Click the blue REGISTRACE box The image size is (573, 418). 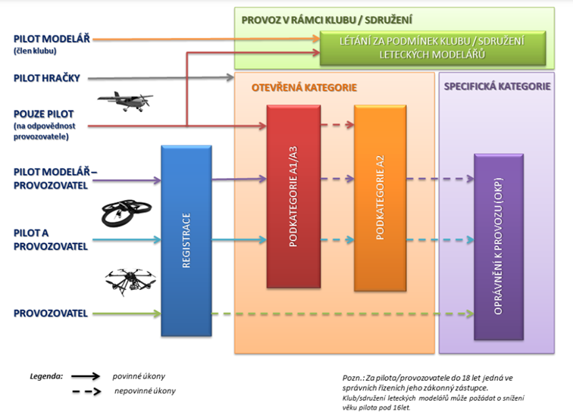[186, 241]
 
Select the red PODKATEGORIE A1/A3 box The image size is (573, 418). [294, 196]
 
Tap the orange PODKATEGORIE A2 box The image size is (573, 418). [380, 198]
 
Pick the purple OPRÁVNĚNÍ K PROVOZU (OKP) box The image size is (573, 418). [499, 247]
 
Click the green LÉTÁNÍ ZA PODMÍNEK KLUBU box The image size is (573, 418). [433, 48]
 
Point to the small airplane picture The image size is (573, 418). [125, 101]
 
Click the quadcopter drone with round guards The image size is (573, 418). [126, 213]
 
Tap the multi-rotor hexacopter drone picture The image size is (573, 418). [130, 282]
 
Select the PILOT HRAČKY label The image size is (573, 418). [47, 78]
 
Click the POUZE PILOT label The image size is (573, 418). [44, 114]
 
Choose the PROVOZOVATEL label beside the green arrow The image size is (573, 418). [51, 313]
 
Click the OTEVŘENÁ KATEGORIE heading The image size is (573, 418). [304, 88]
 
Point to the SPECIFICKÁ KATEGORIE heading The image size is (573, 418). [497, 86]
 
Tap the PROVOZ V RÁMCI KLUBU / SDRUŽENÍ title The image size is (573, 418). [327, 20]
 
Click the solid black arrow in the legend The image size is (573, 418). [86, 376]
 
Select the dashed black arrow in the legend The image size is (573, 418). [86, 391]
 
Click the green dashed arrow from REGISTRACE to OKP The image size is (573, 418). [343, 313]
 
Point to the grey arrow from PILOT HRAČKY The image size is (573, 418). [161, 77]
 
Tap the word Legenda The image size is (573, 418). [46, 376]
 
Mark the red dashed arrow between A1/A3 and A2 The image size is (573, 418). [337, 125]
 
